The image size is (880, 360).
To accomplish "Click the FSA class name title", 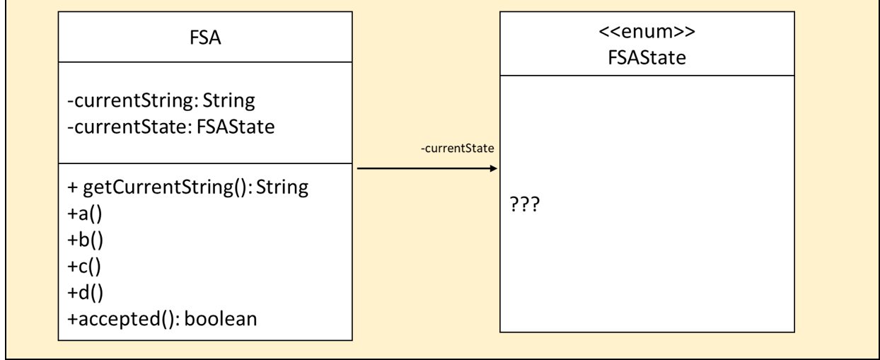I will (x=205, y=38).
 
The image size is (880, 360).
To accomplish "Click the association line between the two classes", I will (x=424, y=169).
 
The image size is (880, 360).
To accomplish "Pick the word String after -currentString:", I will (x=228, y=101).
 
